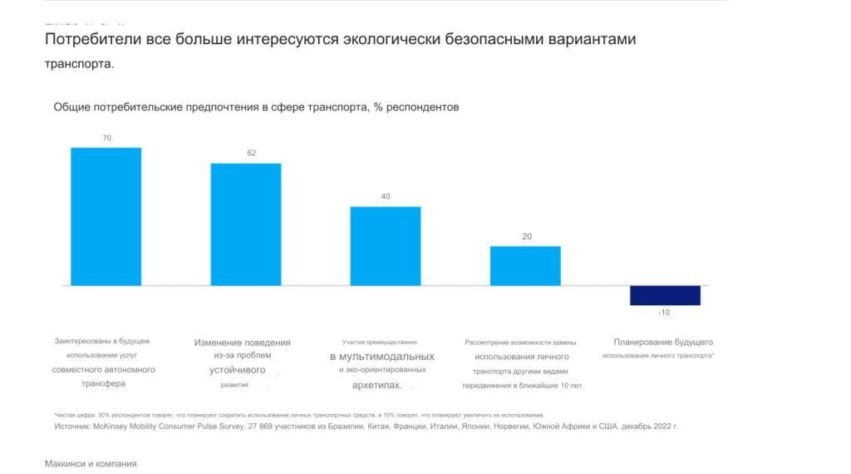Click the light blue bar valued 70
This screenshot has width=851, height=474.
click(x=106, y=216)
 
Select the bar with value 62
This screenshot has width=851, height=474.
click(x=246, y=224)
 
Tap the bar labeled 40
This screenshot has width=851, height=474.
click(x=386, y=245)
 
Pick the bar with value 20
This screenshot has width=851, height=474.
click(x=525, y=265)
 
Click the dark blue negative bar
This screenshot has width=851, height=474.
click(x=665, y=295)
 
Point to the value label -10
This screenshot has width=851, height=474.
click(x=664, y=313)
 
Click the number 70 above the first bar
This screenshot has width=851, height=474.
click(x=106, y=138)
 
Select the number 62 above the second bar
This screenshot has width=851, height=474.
click(x=252, y=154)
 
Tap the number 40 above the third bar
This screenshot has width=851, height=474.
click(x=386, y=197)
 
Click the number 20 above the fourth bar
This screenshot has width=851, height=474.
click(x=527, y=237)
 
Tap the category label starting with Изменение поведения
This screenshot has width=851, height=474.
click(x=243, y=343)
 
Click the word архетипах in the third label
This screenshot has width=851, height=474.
click(x=376, y=385)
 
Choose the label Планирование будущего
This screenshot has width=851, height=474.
click(x=663, y=342)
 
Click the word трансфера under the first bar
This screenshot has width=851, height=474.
click(x=103, y=384)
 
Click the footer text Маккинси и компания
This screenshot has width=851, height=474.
click(x=90, y=464)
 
